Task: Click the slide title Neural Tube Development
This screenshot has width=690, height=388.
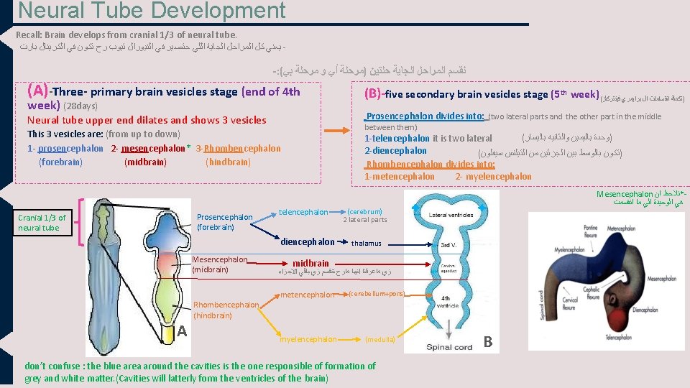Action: [x=152, y=11]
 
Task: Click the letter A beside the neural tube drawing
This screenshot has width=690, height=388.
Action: [x=183, y=331]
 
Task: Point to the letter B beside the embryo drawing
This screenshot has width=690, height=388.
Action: [x=488, y=341]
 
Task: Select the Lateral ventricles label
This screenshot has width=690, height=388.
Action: [x=451, y=215]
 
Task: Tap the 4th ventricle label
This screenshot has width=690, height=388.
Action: [x=446, y=302]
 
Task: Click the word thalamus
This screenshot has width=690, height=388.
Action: [x=366, y=244]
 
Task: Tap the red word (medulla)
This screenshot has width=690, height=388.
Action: [x=379, y=339]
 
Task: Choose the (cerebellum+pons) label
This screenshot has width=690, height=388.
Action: [x=377, y=294]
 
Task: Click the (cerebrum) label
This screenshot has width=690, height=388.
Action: [x=364, y=212]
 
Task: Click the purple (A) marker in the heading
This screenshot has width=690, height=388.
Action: [x=37, y=91]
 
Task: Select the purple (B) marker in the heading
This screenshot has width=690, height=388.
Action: [x=374, y=93]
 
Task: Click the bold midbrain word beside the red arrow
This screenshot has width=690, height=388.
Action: [x=310, y=263]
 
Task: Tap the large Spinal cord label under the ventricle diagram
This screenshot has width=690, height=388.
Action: [x=448, y=346]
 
